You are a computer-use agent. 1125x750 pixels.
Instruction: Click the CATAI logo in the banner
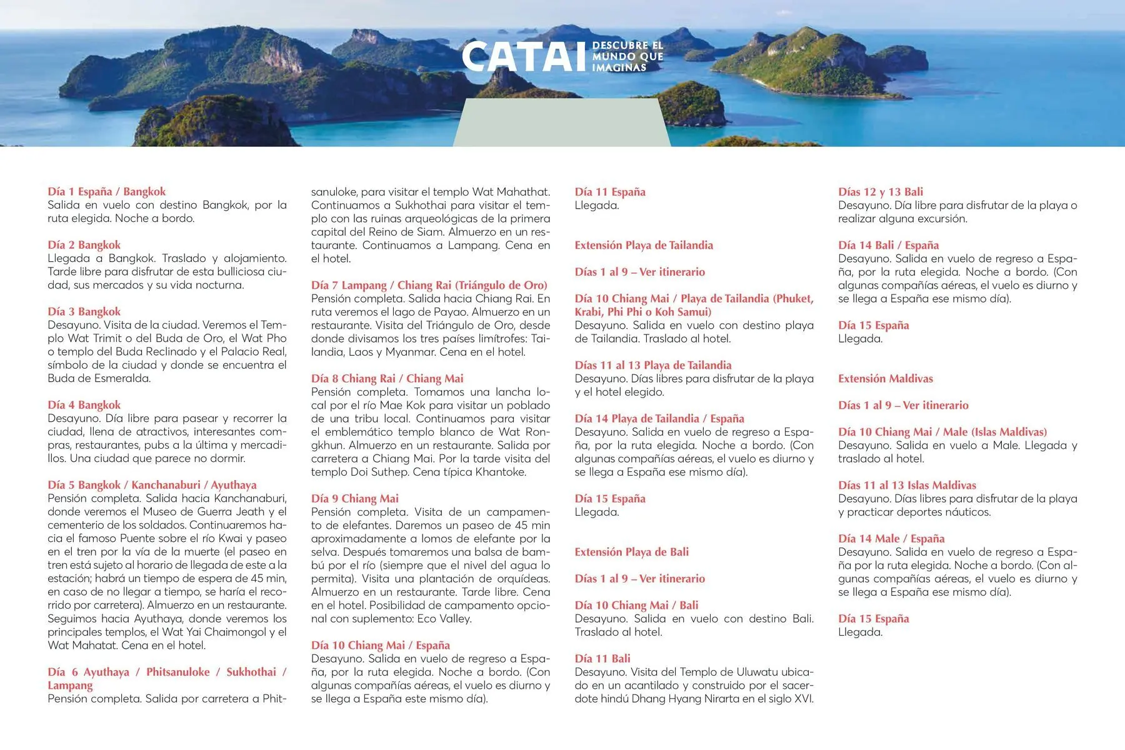(x=525, y=57)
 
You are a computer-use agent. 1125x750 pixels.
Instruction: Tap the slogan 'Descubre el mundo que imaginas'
(x=627, y=57)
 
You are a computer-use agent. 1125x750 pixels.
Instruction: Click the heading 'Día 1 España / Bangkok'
(x=106, y=192)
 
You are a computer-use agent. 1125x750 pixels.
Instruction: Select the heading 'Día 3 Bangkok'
(x=84, y=312)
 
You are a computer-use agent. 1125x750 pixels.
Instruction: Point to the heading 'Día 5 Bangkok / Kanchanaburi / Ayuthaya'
(x=152, y=485)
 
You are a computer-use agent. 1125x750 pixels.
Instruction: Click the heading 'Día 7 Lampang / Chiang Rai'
(x=429, y=286)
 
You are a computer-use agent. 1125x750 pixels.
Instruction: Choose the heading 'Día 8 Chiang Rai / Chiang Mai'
(x=387, y=379)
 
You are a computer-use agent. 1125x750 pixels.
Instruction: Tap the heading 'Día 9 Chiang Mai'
(x=354, y=499)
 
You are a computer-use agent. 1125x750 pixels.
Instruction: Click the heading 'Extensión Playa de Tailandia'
(x=644, y=246)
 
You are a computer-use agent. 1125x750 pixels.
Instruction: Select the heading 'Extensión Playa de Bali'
(x=631, y=552)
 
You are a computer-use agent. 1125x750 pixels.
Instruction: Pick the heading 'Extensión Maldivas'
(x=885, y=379)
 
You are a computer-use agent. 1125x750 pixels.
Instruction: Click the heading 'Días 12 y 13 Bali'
(x=880, y=192)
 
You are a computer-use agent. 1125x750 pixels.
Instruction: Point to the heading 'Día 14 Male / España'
(x=891, y=539)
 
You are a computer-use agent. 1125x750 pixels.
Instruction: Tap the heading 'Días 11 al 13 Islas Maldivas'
(x=906, y=486)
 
